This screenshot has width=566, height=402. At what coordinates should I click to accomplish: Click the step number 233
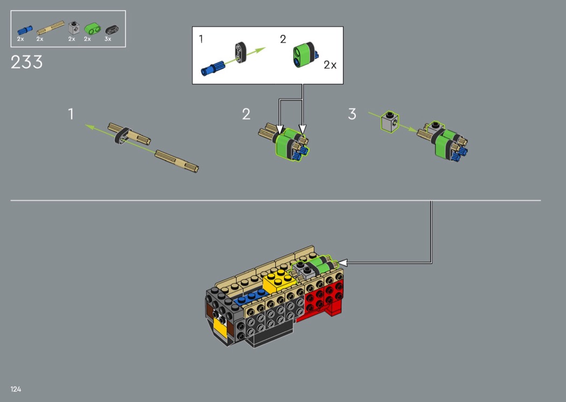pos(27,62)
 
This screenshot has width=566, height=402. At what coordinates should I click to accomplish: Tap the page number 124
pos(16,389)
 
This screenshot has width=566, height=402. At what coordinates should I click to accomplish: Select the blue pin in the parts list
pos(25,30)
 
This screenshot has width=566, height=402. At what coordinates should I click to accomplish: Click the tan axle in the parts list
pos(51,28)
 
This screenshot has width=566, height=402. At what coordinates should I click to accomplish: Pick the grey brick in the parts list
pos(74,27)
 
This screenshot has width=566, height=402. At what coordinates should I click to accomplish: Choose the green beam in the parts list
pos(93,28)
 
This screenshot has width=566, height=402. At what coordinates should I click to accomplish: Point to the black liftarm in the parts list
pos(112,30)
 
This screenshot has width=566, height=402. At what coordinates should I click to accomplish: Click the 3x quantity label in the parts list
pos(108,39)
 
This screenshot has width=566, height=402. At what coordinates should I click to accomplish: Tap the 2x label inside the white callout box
pos(330,65)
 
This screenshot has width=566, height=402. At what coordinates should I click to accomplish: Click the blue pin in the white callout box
pos(213,68)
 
